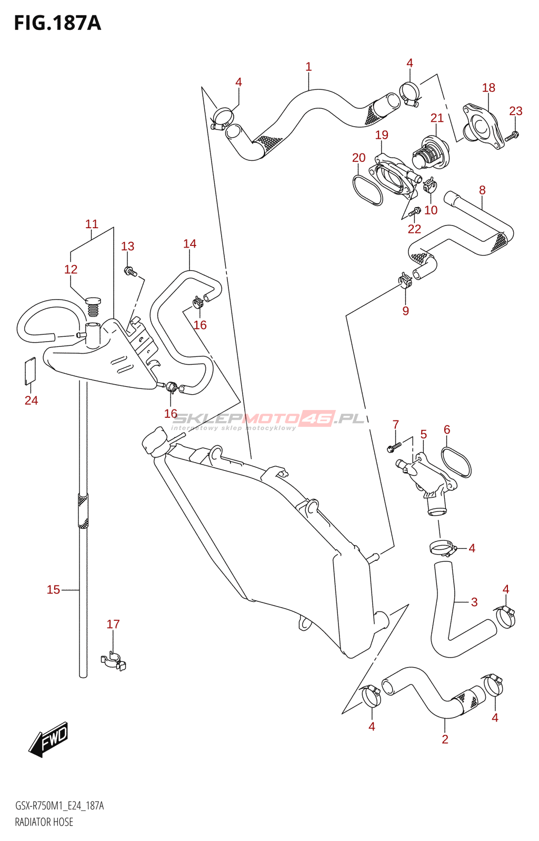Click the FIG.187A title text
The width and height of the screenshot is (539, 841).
57,23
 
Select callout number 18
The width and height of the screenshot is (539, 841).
488,88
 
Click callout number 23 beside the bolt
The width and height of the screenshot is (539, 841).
515,111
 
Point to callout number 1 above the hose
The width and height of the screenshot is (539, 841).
308,67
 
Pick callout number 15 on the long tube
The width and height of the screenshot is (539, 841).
53,590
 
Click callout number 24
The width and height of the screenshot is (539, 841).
31,401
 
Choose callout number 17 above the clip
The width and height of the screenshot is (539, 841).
113,624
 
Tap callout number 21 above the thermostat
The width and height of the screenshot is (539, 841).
437,118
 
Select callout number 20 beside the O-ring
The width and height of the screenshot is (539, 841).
358,158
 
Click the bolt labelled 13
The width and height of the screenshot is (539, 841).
129,272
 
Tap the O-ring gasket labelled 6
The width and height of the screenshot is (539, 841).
456,462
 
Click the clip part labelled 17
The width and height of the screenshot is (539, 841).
113,661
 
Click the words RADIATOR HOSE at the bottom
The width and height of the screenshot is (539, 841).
44,822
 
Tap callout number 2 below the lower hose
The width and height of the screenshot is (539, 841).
445,739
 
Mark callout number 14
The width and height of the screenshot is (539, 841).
189,244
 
